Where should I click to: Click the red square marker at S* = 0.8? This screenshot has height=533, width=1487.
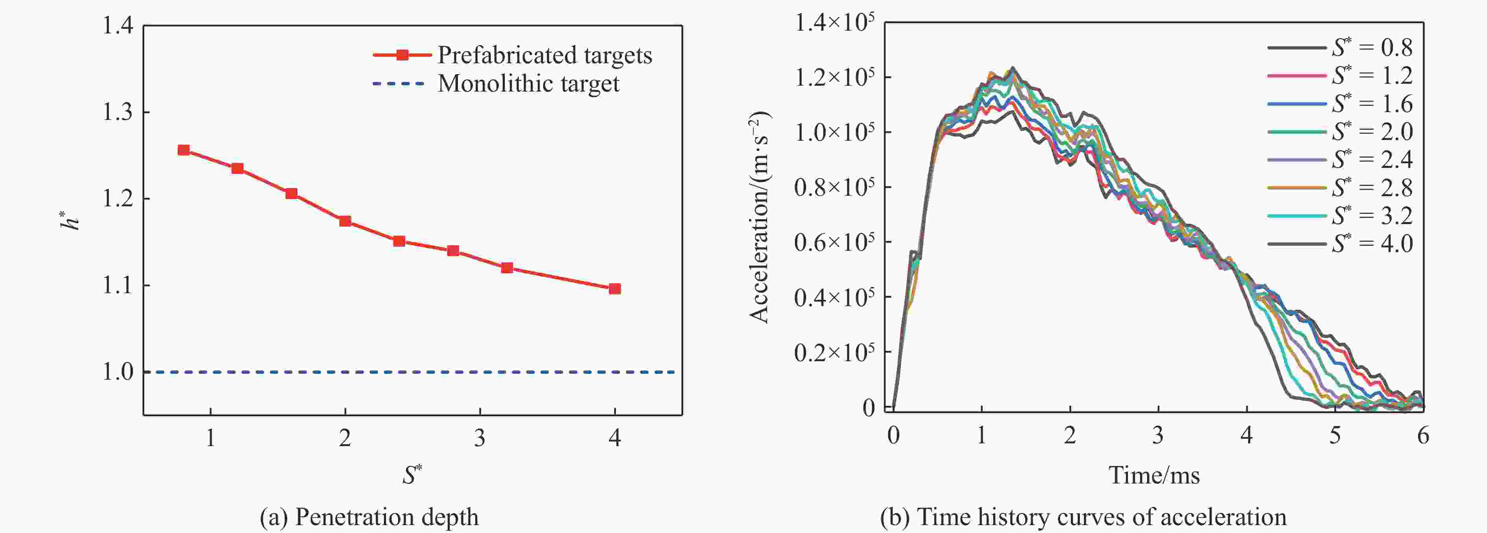tap(184, 151)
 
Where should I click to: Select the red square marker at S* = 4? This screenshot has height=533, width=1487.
tap(615, 289)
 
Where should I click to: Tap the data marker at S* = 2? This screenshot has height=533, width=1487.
tap(345, 221)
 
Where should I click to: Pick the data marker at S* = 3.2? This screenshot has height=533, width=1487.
tap(507, 268)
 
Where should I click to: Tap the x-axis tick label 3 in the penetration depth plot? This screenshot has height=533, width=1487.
tap(480, 438)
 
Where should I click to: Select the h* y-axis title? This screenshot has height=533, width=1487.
tap(70, 221)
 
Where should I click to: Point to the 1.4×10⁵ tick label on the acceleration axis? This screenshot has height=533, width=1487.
tap(834, 23)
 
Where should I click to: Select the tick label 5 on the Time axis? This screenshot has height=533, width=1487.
tap(1335, 436)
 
